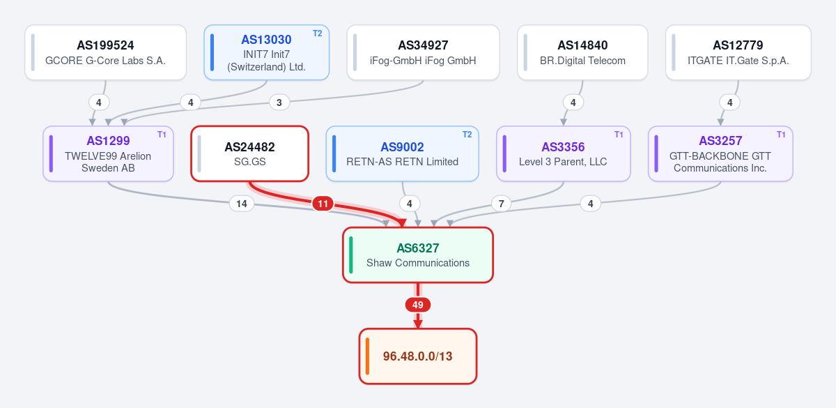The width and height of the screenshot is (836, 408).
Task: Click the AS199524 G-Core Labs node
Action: (106, 52)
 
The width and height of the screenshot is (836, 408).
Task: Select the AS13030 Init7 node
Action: (266, 52)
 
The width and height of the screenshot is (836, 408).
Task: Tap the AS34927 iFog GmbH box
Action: (424, 52)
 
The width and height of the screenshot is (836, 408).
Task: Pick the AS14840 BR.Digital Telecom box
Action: (582, 52)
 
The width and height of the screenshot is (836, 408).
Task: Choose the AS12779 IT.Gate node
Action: (738, 52)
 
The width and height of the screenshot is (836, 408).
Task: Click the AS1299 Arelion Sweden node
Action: (108, 153)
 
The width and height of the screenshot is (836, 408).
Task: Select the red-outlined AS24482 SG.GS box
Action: (249, 153)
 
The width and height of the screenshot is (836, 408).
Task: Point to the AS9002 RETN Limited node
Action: (403, 153)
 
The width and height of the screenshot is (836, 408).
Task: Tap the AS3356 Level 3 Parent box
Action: (563, 153)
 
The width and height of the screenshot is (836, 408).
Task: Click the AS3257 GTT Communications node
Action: (720, 153)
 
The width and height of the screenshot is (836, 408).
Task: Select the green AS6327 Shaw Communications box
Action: (418, 255)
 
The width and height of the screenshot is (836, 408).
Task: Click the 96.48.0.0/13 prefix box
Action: (418, 356)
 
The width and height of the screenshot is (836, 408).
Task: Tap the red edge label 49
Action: (418, 305)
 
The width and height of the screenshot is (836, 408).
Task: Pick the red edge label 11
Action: (323, 204)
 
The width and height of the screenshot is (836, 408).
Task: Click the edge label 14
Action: (242, 204)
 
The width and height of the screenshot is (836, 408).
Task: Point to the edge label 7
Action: (501, 204)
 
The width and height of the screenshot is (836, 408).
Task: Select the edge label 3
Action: (279, 103)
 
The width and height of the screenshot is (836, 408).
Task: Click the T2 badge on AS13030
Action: (317, 33)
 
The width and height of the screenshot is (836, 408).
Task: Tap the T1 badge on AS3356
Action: (619, 135)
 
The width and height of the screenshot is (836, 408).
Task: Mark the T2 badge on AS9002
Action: (467, 135)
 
